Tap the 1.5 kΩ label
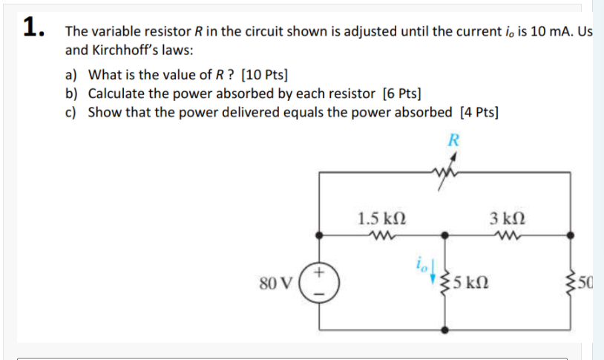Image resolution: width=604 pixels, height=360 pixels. click(381, 219)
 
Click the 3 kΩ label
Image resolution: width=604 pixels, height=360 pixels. click(507, 219)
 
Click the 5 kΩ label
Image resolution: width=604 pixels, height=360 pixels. click(469, 283)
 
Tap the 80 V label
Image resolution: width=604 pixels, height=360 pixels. click(277, 283)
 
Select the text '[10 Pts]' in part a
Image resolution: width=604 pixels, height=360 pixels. click(265, 75)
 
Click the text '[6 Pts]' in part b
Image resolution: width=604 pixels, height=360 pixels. click(401, 94)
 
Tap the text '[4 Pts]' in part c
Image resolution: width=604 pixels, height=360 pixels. click(479, 112)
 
